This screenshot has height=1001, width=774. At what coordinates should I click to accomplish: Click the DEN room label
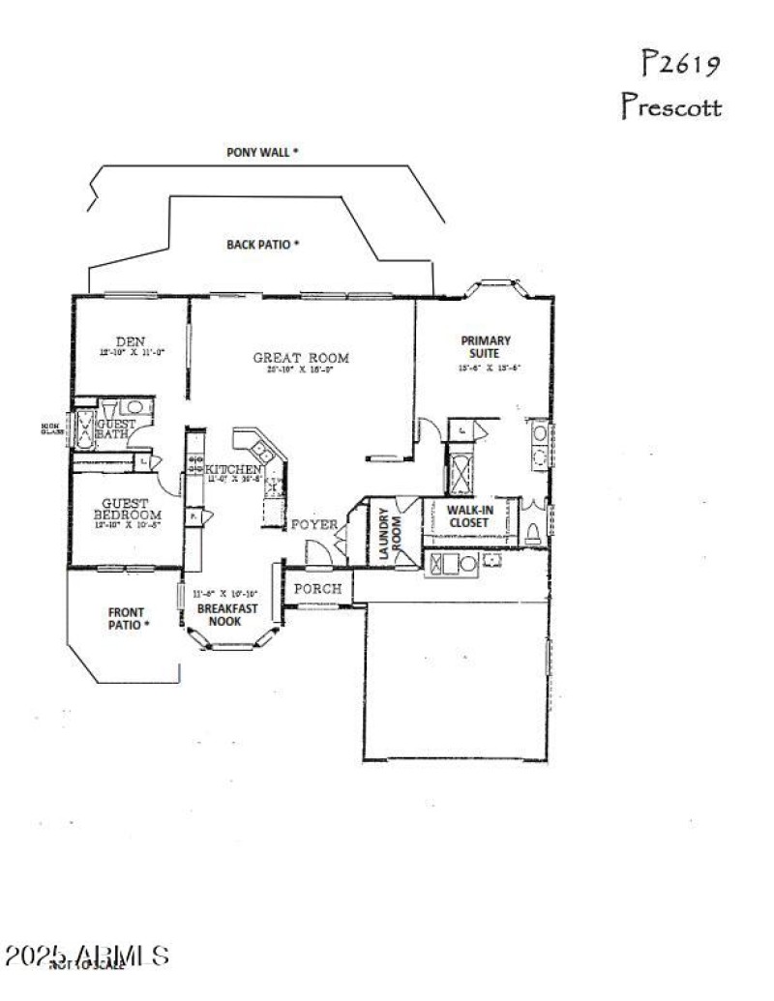click(131, 341)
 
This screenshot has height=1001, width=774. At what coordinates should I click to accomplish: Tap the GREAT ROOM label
click(301, 358)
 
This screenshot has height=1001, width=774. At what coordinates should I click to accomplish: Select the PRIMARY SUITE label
click(486, 346)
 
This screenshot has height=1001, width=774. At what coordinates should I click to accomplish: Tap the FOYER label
click(315, 525)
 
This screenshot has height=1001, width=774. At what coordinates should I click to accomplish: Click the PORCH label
click(317, 588)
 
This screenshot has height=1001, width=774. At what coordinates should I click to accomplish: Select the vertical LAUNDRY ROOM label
click(385, 535)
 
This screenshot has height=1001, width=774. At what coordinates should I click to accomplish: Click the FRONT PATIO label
click(127, 618)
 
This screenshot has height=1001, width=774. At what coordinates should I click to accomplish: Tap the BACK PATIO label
click(263, 245)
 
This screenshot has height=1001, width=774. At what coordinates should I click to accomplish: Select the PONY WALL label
click(262, 152)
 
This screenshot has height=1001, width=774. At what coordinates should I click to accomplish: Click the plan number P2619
click(681, 65)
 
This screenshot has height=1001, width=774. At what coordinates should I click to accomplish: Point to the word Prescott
click(670, 105)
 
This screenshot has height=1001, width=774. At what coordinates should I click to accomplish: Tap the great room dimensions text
click(300, 369)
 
